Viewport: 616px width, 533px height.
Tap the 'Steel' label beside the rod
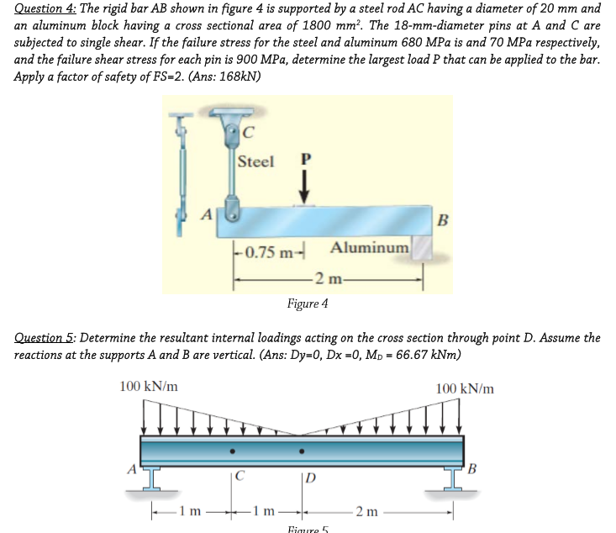click(255, 161)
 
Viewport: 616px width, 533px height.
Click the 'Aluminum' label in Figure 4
click(370, 248)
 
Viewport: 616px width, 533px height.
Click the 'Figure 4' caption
click(308, 303)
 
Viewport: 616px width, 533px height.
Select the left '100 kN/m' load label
click(149, 388)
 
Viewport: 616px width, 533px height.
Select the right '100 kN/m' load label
click(466, 388)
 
